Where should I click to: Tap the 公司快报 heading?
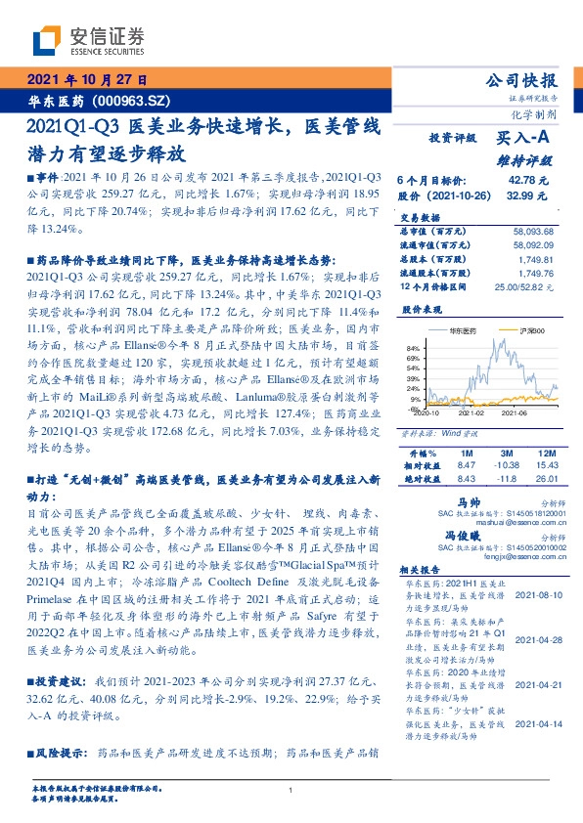tap(521, 81)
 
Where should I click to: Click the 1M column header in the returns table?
tap(466, 455)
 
